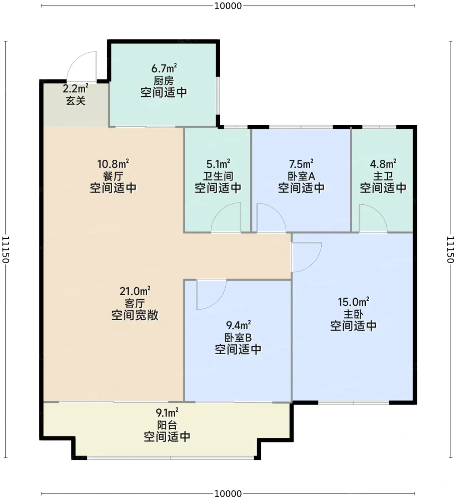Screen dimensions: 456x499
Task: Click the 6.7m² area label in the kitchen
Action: [x=164, y=68]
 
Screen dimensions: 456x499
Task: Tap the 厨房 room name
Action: [x=164, y=81]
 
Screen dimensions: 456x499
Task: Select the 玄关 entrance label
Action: [x=76, y=101]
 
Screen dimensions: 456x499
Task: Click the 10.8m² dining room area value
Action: [x=113, y=164]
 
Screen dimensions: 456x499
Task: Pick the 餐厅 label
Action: [x=113, y=176]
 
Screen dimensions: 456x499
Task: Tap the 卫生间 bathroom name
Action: [x=218, y=176]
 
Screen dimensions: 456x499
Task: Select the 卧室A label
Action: [x=301, y=176]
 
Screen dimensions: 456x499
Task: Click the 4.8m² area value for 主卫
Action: [x=383, y=164]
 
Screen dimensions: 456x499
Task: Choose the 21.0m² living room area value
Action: [x=135, y=291]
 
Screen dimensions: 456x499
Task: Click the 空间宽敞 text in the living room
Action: [x=135, y=315]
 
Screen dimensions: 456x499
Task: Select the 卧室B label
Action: [x=238, y=338]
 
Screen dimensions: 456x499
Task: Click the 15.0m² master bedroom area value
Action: [x=353, y=302]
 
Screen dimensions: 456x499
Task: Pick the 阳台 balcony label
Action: [x=167, y=425]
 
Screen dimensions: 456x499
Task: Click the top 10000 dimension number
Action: [x=228, y=6]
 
